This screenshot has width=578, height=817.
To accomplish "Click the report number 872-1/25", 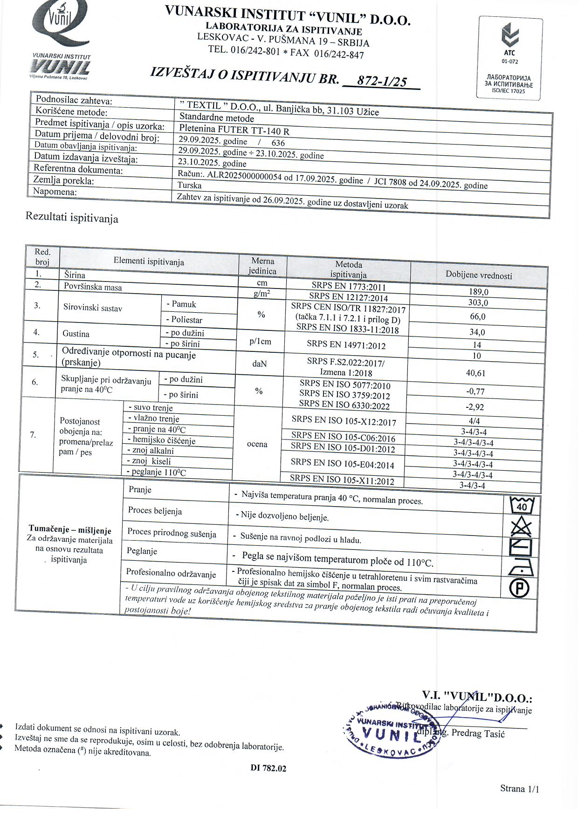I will pos(381,82).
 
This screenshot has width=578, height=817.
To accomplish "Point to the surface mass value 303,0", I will pos(478,303).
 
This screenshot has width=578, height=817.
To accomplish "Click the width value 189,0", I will pos(478,292).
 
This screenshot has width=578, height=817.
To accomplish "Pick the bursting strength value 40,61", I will pos(475,373).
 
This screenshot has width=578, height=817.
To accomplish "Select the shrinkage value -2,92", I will pos(475,407).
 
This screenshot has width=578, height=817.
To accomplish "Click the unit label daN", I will pos(259,364).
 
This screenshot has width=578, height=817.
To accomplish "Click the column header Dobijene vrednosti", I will pos(479,275).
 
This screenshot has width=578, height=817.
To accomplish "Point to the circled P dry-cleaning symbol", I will pos(519,589).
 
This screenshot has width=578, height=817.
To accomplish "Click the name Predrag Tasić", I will pos(478,734).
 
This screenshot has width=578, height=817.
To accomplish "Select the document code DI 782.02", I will pos(268,768).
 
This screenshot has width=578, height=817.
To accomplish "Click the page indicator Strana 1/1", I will pos(519,789).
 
